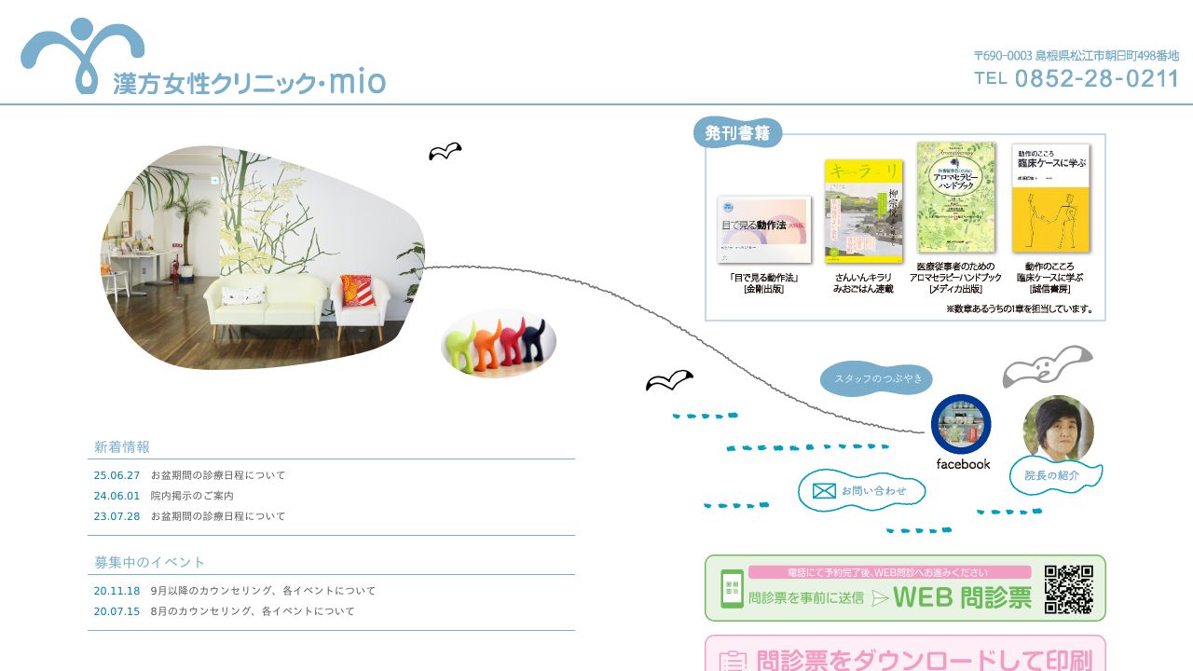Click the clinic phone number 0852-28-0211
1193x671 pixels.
pos(1096,78)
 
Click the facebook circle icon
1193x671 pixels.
pos(961,424)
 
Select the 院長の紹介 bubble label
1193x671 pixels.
pos(1052,475)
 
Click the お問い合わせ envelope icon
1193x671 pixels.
pos(824,490)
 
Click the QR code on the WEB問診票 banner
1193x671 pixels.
pos(1068,588)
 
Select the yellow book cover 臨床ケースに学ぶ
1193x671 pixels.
pos(1050,198)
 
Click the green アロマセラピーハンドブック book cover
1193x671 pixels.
pos(955,197)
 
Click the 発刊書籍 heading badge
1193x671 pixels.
pos(737,133)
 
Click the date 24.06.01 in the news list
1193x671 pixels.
pos(117,496)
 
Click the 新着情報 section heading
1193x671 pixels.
pos(122,447)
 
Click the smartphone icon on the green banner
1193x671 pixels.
pos(732,588)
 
